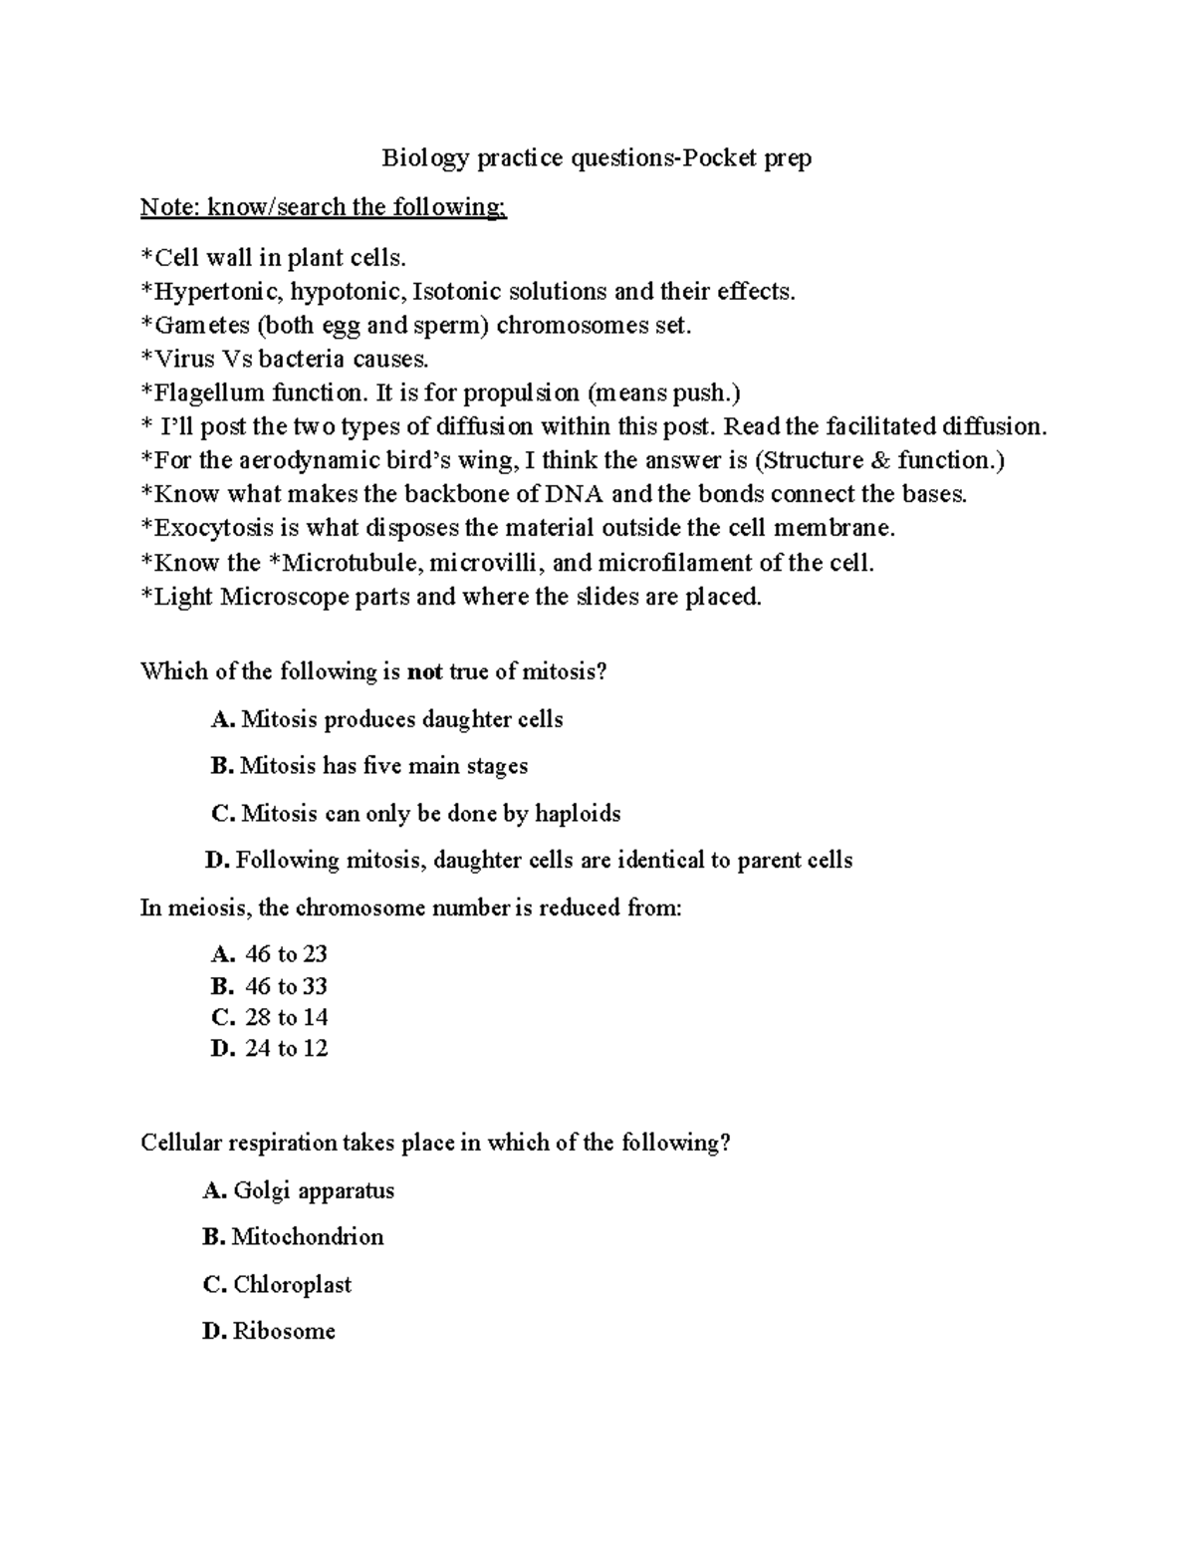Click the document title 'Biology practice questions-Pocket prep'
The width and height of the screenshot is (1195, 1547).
pos(597,157)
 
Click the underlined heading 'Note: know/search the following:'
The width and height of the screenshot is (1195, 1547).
pos(324,207)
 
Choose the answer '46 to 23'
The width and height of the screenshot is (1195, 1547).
pos(286,954)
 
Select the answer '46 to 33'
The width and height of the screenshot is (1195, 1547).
pos(286,986)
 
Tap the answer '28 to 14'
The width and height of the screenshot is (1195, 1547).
pos(286,1017)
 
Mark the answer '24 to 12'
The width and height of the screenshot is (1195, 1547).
pos(286,1048)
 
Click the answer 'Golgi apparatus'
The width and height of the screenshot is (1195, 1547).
pos(314,1190)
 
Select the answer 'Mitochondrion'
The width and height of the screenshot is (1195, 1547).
pos(307,1237)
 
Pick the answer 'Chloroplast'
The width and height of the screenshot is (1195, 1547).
pos(292,1285)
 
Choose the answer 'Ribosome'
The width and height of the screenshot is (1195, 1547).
pos(284,1332)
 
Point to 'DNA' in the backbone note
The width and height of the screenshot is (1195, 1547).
pos(571,494)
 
